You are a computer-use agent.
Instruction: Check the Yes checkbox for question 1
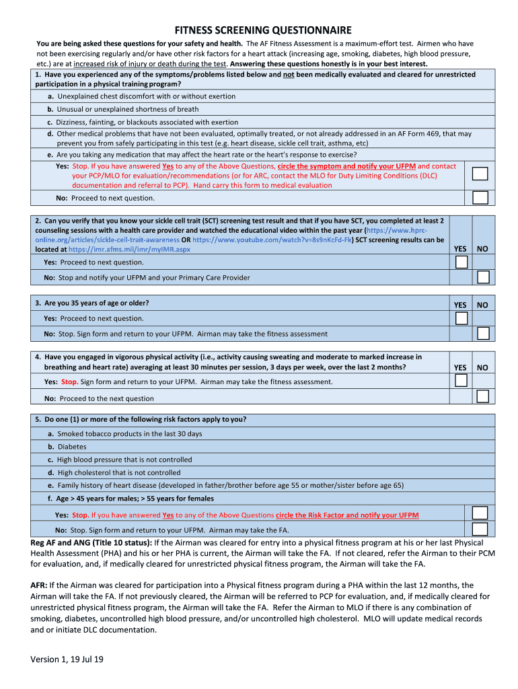pyautogui.click(x=480, y=174)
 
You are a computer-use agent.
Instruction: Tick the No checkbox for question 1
pyautogui.click(x=480, y=197)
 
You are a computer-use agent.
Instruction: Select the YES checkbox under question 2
pyautogui.click(x=461, y=262)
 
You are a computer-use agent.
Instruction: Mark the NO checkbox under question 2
pyautogui.click(x=482, y=277)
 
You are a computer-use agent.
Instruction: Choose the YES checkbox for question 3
pyautogui.click(x=461, y=318)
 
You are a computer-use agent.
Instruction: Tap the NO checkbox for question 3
pyautogui.click(x=482, y=333)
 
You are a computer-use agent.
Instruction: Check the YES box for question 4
pyautogui.click(x=461, y=381)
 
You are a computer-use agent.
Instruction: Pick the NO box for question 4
pyautogui.click(x=482, y=396)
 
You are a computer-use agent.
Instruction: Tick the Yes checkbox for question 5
pyautogui.click(x=480, y=514)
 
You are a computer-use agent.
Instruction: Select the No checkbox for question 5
pyautogui.click(x=480, y=529)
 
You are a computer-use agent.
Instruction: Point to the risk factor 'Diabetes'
pyautogui.click(x=71, y=447)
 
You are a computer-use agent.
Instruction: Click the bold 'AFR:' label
pyautogui.click(x=39, y=585)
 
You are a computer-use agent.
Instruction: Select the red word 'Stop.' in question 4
pyautogui.click(x=69, y=382)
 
